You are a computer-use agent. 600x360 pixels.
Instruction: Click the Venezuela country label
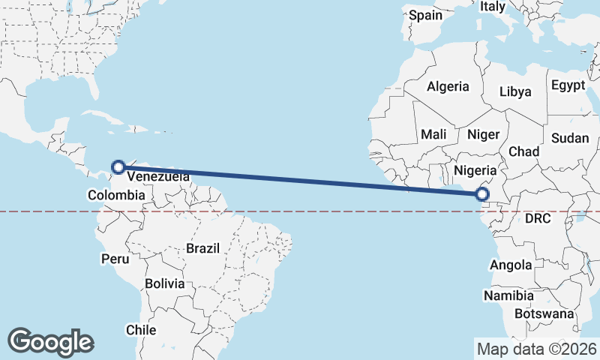point(158,177)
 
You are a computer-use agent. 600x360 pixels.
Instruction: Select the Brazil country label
point(202,248)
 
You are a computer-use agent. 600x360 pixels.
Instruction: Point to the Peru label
point(115,259)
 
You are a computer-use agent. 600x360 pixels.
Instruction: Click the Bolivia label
point(164,283)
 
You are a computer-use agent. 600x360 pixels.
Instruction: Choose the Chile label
point(141,329)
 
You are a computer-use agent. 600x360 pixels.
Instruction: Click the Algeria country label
point(448,86)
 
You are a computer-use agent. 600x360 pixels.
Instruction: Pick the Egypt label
point(568,85)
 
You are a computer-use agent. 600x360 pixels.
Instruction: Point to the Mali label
point(433,134)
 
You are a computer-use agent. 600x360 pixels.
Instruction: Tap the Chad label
point(524,151)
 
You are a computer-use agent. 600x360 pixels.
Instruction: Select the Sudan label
point(570,138)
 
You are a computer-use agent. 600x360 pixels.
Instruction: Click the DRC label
point(538,219)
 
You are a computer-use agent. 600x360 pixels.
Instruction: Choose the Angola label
point(511,265)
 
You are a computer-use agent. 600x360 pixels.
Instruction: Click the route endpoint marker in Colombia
point(118,167)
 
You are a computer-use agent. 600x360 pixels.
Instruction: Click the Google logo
point(50,341)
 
